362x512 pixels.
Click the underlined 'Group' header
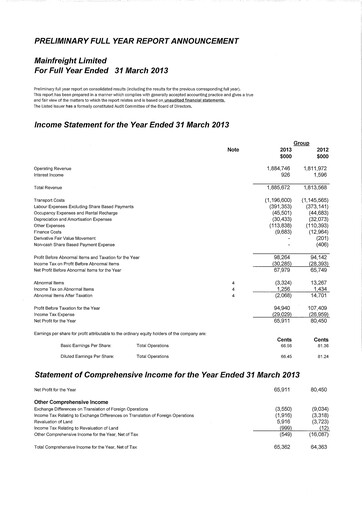point(300,143)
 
